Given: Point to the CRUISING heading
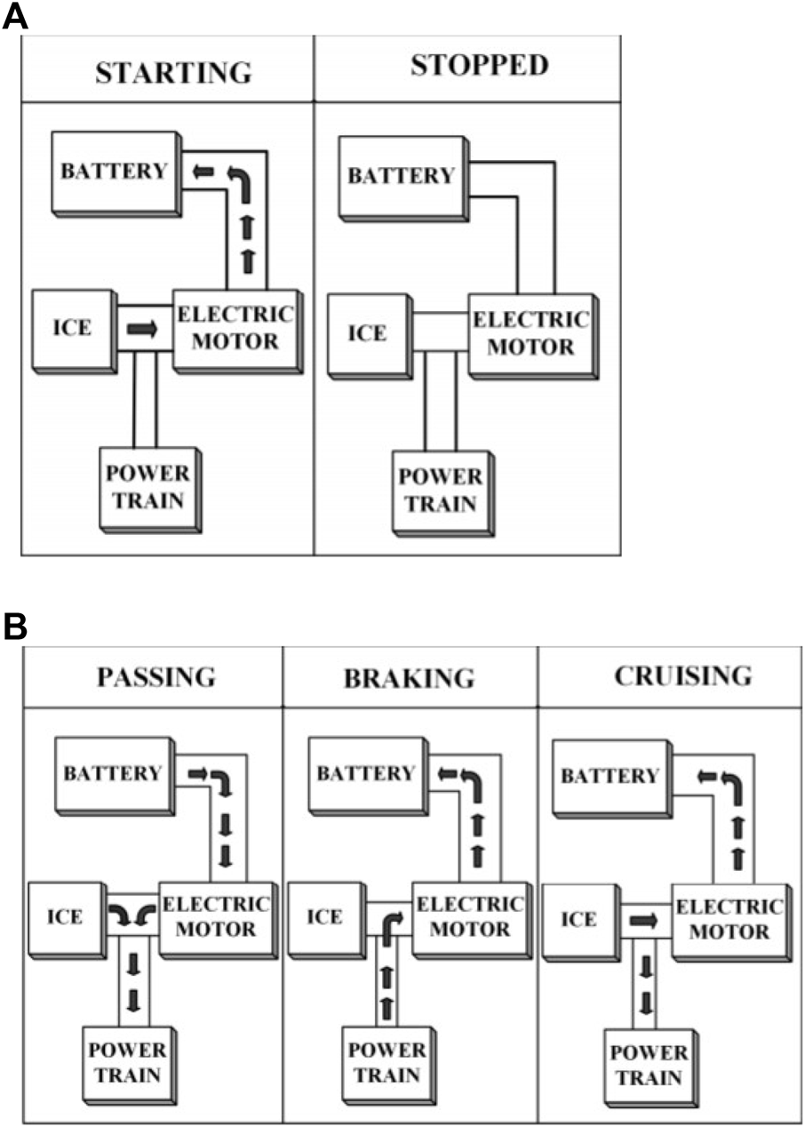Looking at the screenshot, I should pos(682,675).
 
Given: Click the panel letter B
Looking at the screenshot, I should pos(16,627).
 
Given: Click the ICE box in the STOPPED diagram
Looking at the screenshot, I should pos(367,334).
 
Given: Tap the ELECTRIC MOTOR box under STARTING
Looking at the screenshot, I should pos(234,328).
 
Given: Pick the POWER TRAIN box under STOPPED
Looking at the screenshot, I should pos(441,490).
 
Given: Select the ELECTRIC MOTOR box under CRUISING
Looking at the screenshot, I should pos(728,920).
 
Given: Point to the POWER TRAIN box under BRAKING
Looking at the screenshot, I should pos(388,1064).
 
